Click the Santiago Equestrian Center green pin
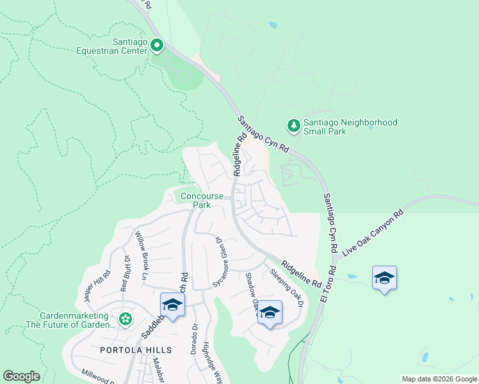(x=157, y=45)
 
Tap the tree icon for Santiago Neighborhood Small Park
(x=294, y=125)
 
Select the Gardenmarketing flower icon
(x=126, y=318)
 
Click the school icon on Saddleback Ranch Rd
(x=172, y=305)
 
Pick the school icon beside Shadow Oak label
(x=270, y=312)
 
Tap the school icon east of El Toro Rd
(x=384, y=278)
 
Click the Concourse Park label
(x=202, y=200)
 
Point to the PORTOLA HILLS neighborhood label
(x=136, y=350)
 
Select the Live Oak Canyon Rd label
(x=373, y=233)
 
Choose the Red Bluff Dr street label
(x=124, y=273)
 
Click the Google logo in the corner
(x=21, y=376)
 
